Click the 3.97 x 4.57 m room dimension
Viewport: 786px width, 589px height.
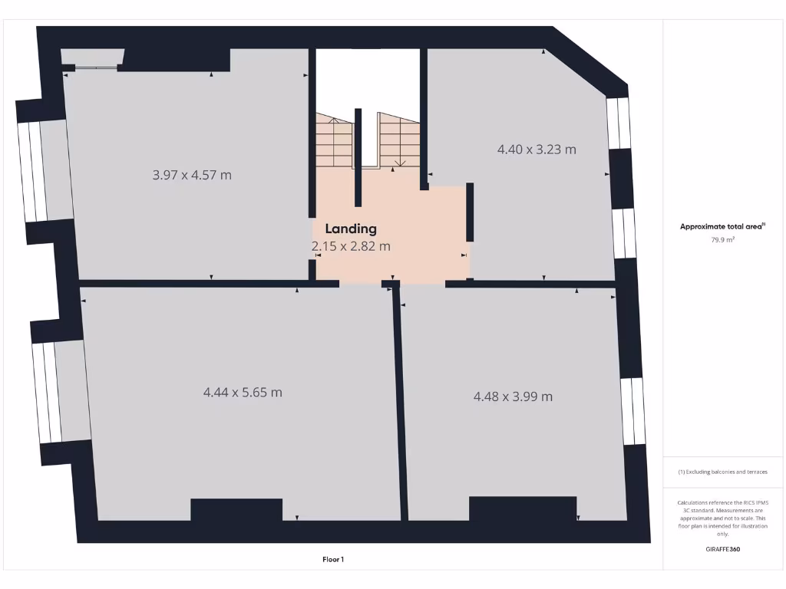(x=192, y=175)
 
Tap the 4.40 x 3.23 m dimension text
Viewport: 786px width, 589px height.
(x=537, y=150)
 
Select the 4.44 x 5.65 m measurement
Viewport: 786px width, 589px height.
(x=243, y=392)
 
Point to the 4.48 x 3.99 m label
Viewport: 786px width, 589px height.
(x=513, y=397)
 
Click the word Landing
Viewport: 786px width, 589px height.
(x=351, y=229)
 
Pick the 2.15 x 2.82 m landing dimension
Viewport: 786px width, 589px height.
(x=351, y=246)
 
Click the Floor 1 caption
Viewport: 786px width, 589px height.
(x=332, y=559)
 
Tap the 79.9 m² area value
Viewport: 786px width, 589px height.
(x=722, y=239)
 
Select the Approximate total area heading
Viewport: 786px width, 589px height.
(x=722, y=226)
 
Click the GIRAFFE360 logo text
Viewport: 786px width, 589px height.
(x=722, y=549)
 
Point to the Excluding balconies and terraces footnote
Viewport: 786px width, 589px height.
(x=722, y=472)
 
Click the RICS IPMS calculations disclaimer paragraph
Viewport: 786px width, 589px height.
(x=722, y=518)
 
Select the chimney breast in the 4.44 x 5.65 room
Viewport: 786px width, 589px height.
(x=236, y=509)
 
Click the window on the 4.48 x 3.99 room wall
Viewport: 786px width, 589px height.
(x=633, y=411)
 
